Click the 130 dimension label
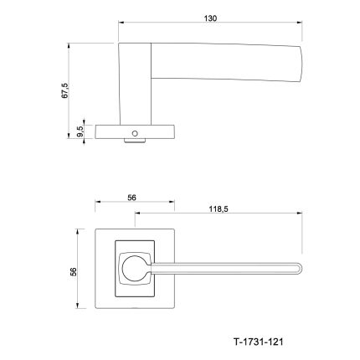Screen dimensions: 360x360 210,18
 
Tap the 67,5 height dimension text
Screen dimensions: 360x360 64,90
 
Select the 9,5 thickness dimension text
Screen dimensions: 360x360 80,131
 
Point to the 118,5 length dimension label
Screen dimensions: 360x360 219,208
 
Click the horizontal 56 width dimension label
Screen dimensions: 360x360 131,198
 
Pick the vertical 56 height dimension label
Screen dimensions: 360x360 73,272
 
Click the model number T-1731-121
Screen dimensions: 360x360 258,342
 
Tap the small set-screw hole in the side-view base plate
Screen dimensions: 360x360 135,133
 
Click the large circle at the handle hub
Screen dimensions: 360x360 135,269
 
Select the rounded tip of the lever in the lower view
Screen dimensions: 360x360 300,269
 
